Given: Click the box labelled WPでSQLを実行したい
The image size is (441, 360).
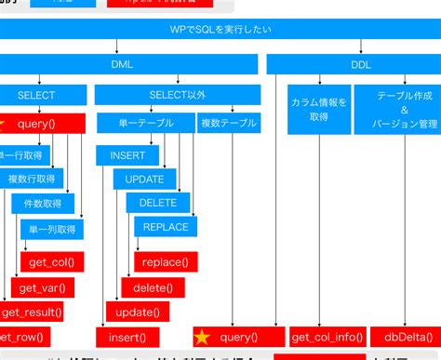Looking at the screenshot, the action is click(220, 31).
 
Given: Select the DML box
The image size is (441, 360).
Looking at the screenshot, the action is click(127, 64).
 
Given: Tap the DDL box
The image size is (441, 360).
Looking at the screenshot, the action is click(360, 64).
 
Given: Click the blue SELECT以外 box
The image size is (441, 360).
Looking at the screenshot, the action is click(177, 95).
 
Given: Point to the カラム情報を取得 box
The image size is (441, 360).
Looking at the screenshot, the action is click(318, 110).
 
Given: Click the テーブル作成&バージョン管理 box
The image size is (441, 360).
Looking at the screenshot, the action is click(396, 110).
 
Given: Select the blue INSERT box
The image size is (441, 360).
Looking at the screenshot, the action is click(127, 155).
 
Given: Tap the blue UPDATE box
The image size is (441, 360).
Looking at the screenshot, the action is click(144, 179).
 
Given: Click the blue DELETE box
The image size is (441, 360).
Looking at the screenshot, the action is click(157, 203).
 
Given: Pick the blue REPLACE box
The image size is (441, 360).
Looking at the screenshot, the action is click(166, 227).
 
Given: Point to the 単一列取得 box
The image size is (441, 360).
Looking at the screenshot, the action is click(51, 229).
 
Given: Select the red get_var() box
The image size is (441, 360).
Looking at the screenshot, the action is click(42, 287).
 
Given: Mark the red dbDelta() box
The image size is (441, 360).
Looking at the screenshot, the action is click(406, 337).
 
